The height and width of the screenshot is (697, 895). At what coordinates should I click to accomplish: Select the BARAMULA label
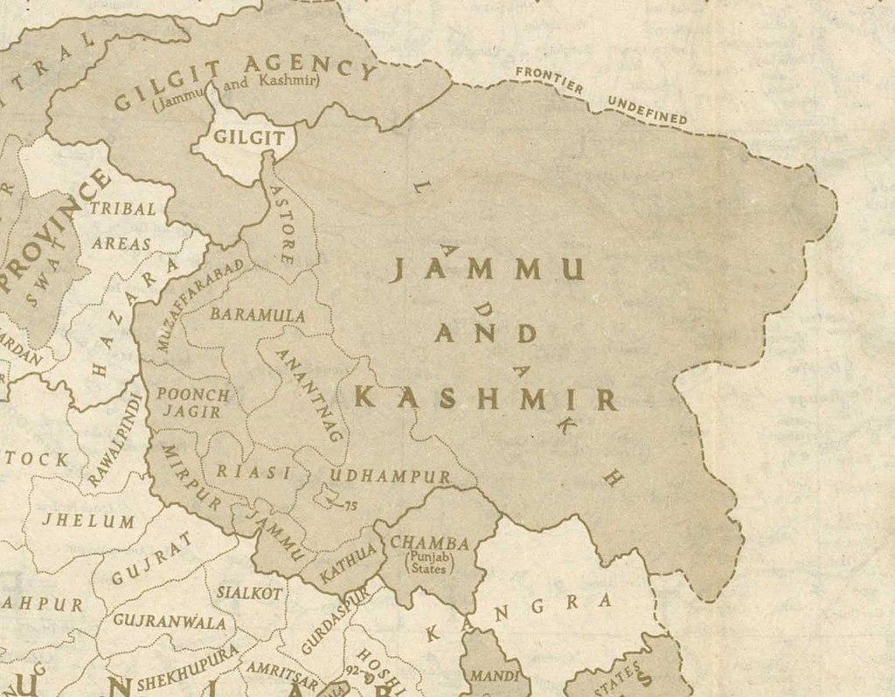tap(258, 314)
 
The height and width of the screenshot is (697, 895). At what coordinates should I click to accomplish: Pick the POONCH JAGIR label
tap(193, 403)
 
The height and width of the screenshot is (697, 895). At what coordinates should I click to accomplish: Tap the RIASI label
tap(253, 472)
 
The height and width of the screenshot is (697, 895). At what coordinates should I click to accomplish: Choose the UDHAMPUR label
tap(390, 477)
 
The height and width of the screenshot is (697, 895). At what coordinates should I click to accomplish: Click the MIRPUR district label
tap(188, 478)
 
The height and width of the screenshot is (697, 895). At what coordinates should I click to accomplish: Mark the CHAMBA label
tap(429, 543)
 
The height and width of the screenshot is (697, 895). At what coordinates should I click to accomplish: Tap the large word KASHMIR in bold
tap(486, 399)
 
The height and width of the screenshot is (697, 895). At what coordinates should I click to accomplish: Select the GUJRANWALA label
tap(170, 623)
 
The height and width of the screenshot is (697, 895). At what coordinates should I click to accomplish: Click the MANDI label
tap(489, 676)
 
